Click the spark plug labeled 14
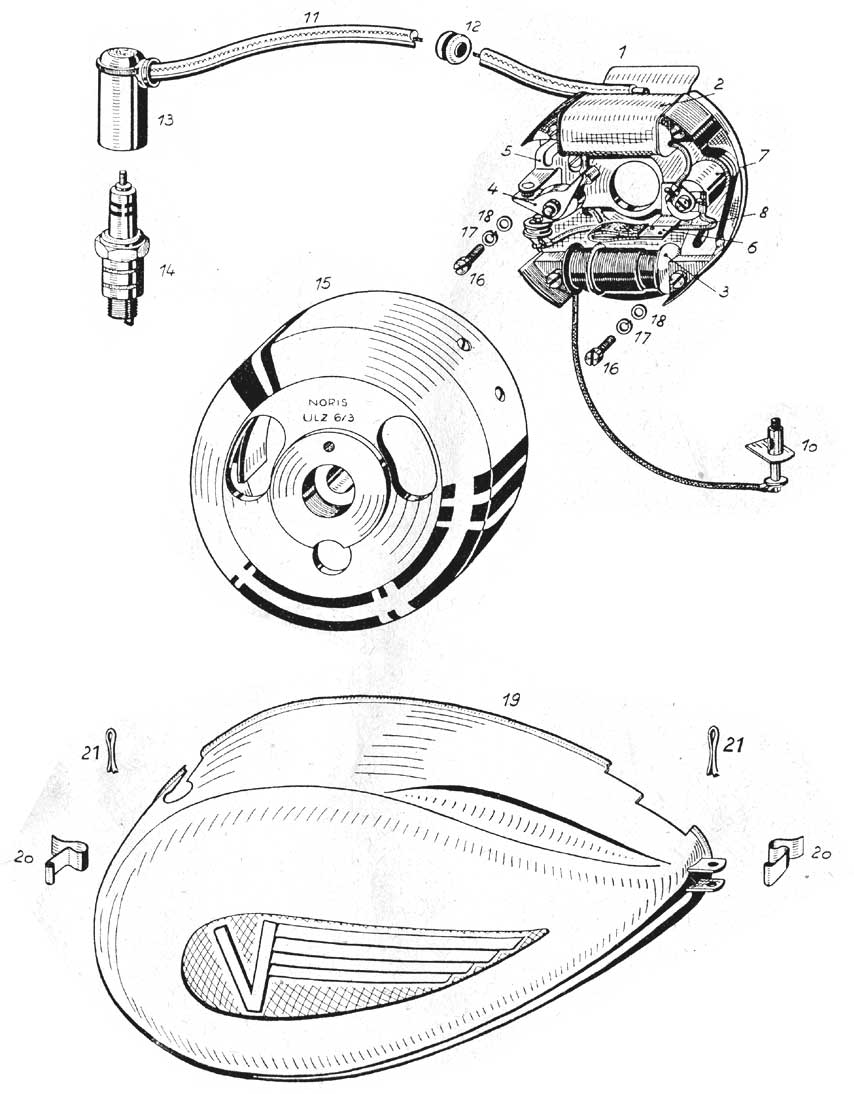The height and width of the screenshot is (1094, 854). coord(121,250)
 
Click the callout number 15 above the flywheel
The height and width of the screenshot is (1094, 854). coord(322,284)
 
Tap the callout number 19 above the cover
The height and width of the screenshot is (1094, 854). coord(511,700)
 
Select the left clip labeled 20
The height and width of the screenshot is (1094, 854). coord(66,860)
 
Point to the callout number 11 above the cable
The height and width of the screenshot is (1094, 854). coord(313,16)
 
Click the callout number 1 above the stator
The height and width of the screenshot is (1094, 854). coord(622,51)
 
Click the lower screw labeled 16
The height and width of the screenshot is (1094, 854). coord(601,349)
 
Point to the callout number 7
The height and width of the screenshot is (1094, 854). coord(763,156)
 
